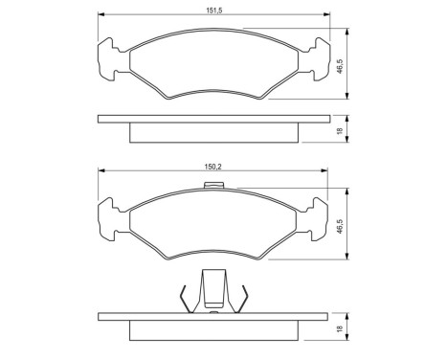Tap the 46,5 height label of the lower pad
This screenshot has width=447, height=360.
[341, 226]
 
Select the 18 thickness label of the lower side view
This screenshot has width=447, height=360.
[341, 327]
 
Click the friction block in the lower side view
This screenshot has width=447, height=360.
[214, 329]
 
